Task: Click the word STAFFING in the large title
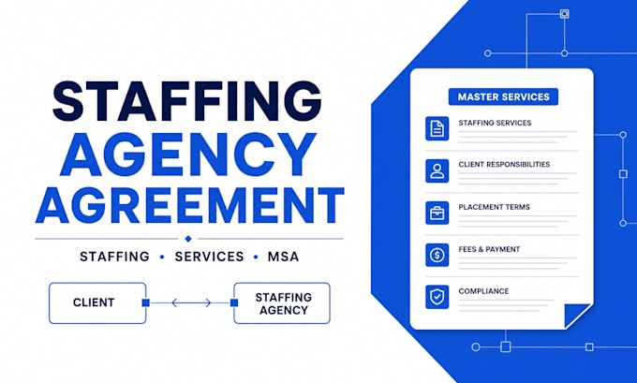[187, 101]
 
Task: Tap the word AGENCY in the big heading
[187, 154]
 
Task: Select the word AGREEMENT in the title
[190, 205]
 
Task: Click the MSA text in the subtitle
[283, 257]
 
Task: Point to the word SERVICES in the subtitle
[209, 257]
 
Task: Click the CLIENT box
[97, 303]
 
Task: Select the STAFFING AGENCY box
[282, 303]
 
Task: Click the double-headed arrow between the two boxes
[191, 302]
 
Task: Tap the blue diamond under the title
[187, 239]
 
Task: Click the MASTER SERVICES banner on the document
[503, 96]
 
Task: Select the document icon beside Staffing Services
[437, 128]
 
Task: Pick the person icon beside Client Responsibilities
[437, 170]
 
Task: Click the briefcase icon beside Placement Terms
[437, 213]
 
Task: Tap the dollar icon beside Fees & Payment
[437, 255]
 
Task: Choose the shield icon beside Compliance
[437, 297]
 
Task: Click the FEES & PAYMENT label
[489, 249]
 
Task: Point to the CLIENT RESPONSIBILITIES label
[504, 165]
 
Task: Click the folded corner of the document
[578, 316]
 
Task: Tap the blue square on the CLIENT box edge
[146, 302]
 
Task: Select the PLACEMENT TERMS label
[494, 207]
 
